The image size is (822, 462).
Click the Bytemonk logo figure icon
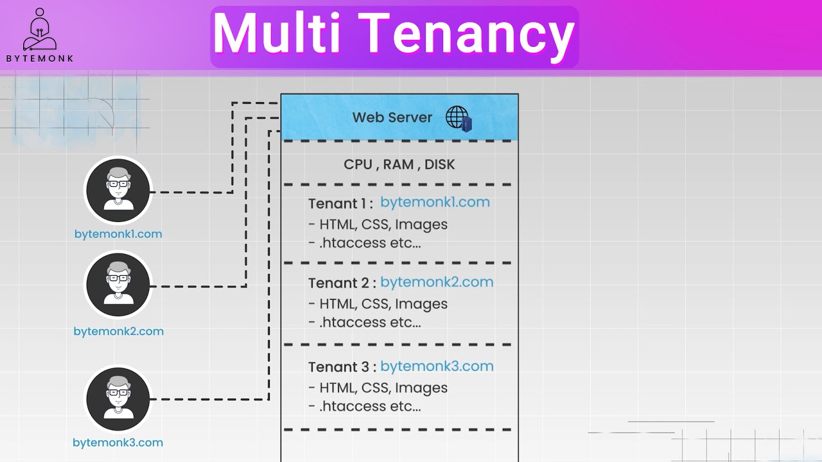coord(39,30)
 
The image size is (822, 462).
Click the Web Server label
coord(392,117)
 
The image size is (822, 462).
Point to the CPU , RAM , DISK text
coord(399,164)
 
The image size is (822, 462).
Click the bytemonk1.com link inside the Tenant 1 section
coord(435,202)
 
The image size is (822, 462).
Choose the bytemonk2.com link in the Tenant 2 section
coord(437,282)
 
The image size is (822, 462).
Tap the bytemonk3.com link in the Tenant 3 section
coord(437,366)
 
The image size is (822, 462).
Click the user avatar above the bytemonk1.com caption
coord(118,190)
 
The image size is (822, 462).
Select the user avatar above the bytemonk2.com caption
coord(118,284)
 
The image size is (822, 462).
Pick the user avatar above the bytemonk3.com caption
coord(118,398)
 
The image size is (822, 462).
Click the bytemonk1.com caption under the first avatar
coord(118,234)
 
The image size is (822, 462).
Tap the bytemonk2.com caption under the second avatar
coord(118,332)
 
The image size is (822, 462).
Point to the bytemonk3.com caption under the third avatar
coord(118,443)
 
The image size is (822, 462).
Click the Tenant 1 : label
coord(340,204)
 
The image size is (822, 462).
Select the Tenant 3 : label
coord(340,368)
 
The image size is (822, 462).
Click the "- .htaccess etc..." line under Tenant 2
coord(364,323)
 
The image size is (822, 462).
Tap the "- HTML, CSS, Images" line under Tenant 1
coord(378,225)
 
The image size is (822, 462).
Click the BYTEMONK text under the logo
coord(40,58)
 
